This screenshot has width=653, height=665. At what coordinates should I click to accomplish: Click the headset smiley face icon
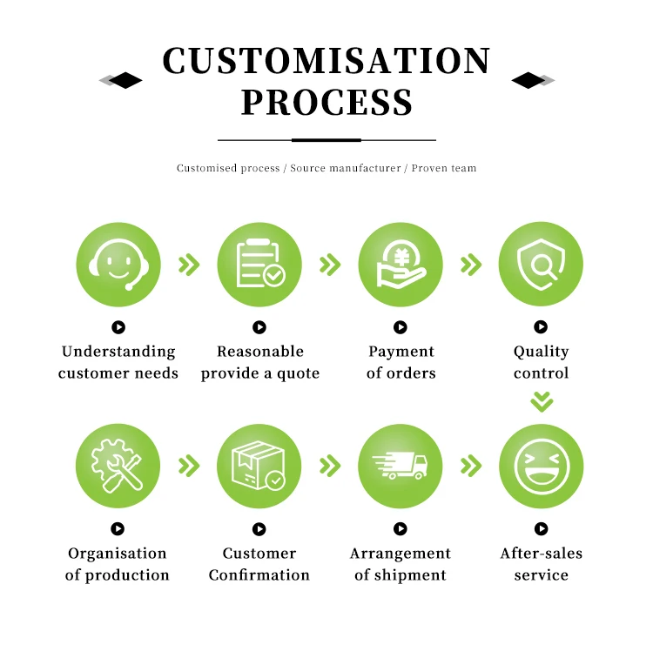[x=118, y=265]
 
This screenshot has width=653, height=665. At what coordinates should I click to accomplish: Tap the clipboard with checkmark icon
[x=259, y=265]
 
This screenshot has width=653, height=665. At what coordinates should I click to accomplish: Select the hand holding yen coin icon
[x=401, y=265]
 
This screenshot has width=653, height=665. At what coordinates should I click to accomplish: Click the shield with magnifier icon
[x=541, y=265]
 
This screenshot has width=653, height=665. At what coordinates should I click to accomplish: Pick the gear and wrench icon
[x=118, y=467]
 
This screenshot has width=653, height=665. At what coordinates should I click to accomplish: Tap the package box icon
[x=259, y=467]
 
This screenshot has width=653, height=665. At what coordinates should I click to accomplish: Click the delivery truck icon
[x=401, y=467]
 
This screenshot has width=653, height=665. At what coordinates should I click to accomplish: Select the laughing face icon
[x=541, y=467]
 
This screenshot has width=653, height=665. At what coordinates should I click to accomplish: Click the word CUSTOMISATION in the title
[x=326, y=62]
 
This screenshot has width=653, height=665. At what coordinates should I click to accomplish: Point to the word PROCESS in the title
[x=326, y=103]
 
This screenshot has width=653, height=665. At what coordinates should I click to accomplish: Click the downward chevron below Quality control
[x=542, y=401]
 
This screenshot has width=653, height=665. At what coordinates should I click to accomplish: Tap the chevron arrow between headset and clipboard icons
[x=189, y=265]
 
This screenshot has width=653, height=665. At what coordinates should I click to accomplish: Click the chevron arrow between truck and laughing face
[x=471, y=467]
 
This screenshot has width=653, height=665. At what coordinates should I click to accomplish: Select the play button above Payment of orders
[x=401, y=327]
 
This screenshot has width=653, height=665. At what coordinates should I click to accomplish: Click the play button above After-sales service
[x=541, y=528]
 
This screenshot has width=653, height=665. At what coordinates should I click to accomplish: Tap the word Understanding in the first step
[x=118, y=352]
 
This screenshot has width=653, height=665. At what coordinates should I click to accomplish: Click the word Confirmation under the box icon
[x=259, y=575]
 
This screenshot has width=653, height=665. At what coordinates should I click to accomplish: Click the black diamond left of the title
[x=125, y=81]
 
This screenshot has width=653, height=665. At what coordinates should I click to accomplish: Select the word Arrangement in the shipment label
[x=401, y=554]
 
